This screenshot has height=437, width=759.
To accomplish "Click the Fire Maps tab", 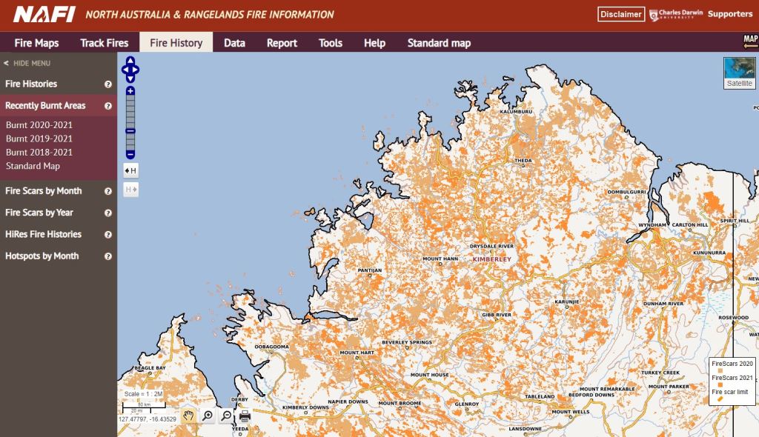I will [36, 43].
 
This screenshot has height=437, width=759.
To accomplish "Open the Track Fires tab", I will [104, 43].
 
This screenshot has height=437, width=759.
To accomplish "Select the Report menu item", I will [282, 43].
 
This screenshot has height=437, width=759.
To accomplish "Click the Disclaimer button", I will [620, 14].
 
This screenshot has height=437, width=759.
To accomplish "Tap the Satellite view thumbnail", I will [739, 73].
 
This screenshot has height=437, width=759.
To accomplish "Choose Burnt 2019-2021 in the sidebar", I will [39, 139].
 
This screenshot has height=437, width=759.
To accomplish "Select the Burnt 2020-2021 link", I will [39, 125].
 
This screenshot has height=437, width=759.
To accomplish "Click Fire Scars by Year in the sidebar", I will [39, 213].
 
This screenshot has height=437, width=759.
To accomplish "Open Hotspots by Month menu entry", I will [42, 256].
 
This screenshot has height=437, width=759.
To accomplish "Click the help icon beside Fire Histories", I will [108, 84].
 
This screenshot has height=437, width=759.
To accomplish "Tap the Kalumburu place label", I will [517, 112].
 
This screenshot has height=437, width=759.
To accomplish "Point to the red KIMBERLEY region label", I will [492, 260].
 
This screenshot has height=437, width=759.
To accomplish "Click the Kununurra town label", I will [709, 253].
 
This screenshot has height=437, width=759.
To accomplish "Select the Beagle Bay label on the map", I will [150, 368].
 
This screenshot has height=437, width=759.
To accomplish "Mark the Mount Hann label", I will [440, 259].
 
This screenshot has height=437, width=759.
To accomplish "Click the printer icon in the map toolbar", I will [245, 416].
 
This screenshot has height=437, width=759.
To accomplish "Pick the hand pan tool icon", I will [188, 416].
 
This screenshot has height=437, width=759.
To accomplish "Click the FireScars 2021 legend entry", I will [732, 378].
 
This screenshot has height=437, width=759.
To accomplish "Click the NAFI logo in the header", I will [44, 14].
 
